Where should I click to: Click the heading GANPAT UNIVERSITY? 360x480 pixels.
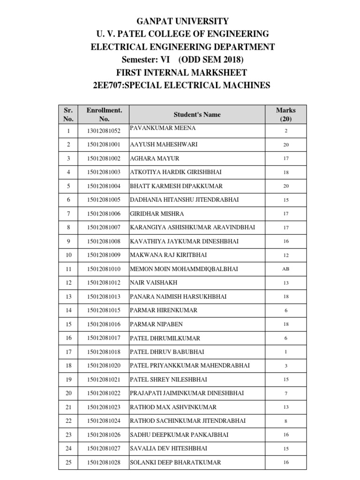point(182,21)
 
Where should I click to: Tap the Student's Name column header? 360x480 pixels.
point(197,114)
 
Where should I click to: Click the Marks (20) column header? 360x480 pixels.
point(285,114)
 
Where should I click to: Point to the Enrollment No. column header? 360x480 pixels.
point(104,114)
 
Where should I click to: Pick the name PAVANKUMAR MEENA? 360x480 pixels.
point(163,128)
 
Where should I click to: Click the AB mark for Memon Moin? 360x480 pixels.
point(285,269)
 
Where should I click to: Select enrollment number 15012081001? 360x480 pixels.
point(104,145)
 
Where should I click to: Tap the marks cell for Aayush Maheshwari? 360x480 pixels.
point(285,145)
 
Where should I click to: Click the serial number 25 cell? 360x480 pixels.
point(68,463)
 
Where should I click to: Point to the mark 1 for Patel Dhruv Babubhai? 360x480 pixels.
point(285,352)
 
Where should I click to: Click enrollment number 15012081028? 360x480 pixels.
point(104,463)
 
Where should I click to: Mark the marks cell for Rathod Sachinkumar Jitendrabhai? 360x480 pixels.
point(285,421)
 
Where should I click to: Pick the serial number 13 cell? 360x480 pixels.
point(68,297)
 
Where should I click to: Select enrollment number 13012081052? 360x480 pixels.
point(104,131)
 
